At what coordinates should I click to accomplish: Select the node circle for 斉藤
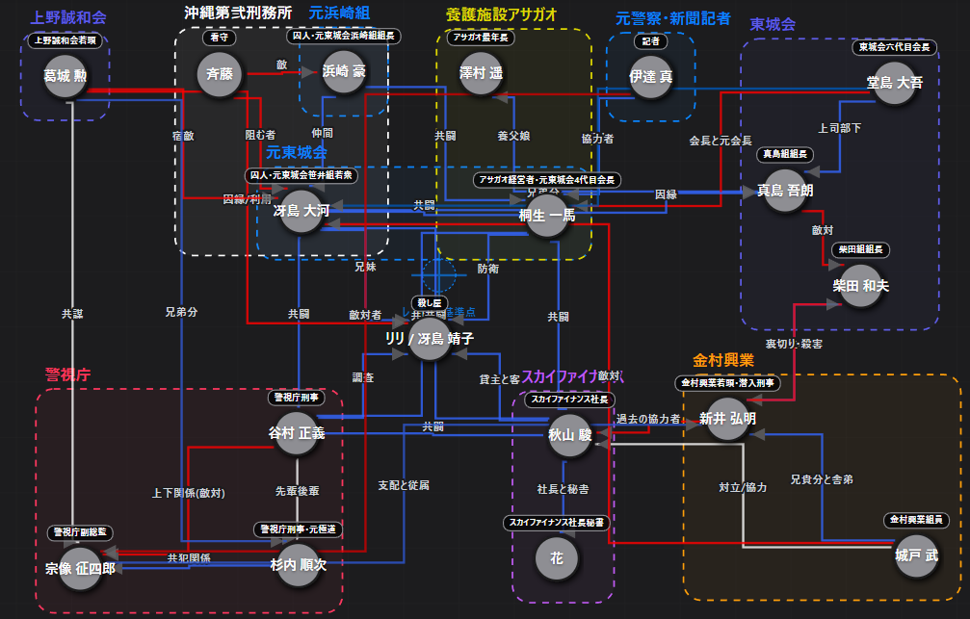point(213,72)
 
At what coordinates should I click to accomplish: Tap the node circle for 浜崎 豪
point(344,72)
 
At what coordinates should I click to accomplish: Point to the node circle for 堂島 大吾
point(895,83)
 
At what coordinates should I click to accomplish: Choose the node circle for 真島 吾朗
point(784,191)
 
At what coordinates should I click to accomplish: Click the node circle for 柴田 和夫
point(860,286)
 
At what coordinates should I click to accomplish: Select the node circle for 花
point(556,557)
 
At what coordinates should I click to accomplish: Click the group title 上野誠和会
point(68,17)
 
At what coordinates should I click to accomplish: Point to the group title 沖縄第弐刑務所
point(238,13)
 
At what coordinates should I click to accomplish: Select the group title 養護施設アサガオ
point(502,14)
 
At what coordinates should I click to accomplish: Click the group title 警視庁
point(67,374)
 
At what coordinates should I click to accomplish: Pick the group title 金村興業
point(722,360)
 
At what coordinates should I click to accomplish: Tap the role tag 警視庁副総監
point(81,531)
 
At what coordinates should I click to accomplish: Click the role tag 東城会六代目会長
point(894,46)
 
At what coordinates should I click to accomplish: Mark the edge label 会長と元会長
point(721,141)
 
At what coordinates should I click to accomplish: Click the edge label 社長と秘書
point(563,489)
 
